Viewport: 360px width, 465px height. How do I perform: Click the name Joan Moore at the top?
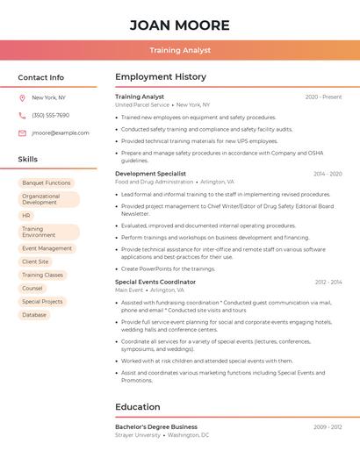click(179, 25)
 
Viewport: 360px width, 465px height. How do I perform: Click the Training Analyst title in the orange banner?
click(179, 51)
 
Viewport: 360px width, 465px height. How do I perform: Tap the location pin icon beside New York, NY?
click(22, 97)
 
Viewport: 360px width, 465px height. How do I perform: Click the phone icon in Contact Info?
click(22, 115)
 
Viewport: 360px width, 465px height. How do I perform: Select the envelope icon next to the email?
click(22, 132)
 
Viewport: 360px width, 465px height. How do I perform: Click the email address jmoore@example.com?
click(61, 132)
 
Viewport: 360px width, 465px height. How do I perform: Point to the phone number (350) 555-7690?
click(50, 115)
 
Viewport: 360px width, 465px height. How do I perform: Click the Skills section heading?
click(28, 159)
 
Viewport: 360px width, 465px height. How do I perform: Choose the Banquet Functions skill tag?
click(47, 183)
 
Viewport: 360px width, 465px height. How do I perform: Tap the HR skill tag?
click(26, 215)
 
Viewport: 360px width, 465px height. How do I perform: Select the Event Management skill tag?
click(47, 248)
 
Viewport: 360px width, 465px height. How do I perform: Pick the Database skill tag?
click(34, 315)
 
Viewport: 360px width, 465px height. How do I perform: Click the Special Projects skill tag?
click(42, 302)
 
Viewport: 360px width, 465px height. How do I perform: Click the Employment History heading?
click(161, 77)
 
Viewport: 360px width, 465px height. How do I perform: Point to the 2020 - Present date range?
click(323, 97)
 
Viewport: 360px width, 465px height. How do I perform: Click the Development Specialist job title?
click(150, 174)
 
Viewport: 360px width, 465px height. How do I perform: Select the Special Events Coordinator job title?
click(155, 283)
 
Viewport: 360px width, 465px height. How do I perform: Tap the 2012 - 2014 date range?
click(328, 283)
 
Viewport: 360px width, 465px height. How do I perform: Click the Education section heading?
click(137, 407)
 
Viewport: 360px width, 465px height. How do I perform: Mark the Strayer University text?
click(138, 435)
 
